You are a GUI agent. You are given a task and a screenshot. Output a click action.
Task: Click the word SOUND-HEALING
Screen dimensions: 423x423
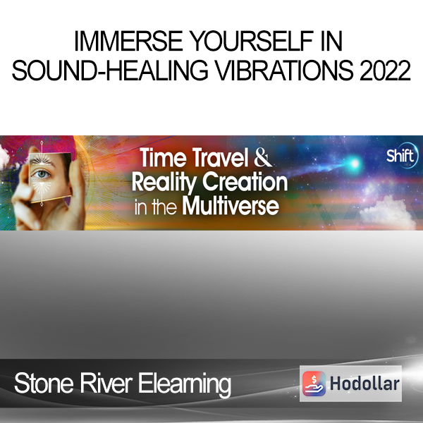tap(110, 70)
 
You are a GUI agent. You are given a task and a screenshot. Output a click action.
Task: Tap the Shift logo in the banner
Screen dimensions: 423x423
tap(402, 156)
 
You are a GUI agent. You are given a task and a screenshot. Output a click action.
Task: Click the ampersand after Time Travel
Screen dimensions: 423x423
tap(262, 157)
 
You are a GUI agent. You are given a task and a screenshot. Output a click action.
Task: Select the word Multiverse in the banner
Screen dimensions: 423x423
tap(231, 207)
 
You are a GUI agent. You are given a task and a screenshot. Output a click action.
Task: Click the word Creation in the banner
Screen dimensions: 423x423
tap(245, 181)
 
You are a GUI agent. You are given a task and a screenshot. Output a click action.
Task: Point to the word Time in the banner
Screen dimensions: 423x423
tap(164, 157)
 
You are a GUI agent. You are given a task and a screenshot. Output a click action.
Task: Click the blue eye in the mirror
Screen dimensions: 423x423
tap(42, 174)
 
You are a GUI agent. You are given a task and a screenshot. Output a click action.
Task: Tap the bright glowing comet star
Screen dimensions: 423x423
tap(355, 163)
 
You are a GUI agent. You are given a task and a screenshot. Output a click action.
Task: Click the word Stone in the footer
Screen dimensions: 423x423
tap(44, 384)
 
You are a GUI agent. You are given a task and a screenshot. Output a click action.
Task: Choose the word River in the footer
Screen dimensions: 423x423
tap(106, 384)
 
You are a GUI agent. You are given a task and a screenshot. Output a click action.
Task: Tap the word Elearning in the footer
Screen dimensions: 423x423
tap(185, 385)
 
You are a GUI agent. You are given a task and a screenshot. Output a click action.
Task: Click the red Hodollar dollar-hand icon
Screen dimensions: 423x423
tap(314, 384)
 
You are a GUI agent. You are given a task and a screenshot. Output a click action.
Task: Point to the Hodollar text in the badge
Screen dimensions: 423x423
tap(364, 384)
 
